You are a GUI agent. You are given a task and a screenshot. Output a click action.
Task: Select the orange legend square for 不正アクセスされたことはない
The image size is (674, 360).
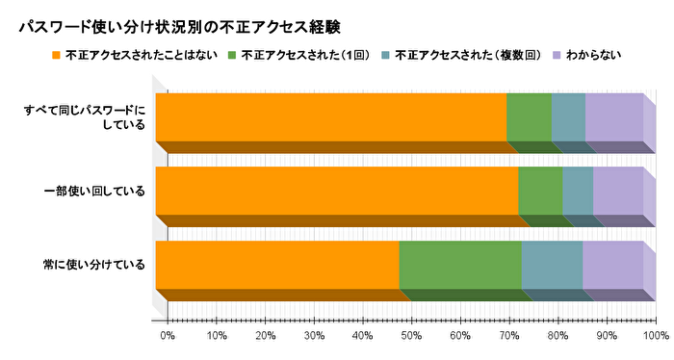point(56,55)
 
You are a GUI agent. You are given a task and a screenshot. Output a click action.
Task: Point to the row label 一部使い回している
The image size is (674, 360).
point(95,191)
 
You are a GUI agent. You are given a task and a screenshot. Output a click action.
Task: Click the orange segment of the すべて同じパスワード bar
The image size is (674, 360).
point(330,117)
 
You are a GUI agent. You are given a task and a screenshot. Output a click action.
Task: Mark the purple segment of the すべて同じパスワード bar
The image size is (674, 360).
point(613,117)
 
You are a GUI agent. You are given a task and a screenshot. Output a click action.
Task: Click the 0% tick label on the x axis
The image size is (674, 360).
point(168,336)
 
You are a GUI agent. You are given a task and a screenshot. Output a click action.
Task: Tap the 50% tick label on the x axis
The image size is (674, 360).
point(411,336)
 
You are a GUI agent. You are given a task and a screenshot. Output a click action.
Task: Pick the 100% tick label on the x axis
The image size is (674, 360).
point(655,336)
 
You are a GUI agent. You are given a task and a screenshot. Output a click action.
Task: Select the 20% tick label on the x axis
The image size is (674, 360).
point(266,336)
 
